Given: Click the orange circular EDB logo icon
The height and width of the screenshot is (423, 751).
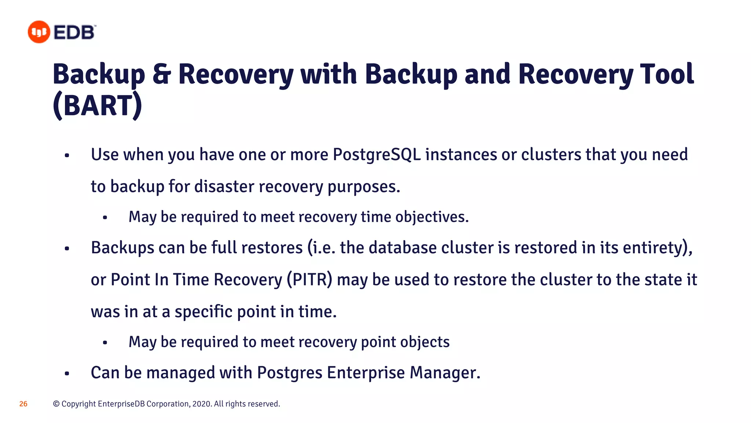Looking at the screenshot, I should click(x=39, y=32).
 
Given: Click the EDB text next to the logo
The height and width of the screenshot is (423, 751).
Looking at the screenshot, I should click(x=74, y=32).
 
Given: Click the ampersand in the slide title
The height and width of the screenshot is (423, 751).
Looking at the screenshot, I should click(x=161, y=74).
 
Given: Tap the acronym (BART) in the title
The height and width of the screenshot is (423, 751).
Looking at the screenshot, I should click(x=98, y=106).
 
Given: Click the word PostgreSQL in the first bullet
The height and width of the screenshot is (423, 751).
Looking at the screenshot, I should click(x=377, y=155).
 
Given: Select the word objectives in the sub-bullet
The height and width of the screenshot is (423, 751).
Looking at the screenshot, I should click(x=432, y=217).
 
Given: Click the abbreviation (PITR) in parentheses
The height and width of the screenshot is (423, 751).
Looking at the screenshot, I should click(x=309, y=280).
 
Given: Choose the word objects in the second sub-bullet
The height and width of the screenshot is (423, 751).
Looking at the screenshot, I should click(x=425, y=342).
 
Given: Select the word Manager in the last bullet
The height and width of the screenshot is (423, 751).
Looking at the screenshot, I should click(x=444, y=373).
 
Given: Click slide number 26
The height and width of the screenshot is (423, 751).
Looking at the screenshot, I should click(x=23, y=404).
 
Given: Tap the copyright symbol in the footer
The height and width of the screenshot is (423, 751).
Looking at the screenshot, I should click(x=56, y=404).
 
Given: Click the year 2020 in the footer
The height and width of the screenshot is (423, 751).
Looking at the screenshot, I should click(x=201, y=404).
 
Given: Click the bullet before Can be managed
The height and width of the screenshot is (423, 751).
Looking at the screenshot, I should click(x=67, y=374).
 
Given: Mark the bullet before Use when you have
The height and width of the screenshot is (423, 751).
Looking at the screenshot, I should click(x=67, y=156).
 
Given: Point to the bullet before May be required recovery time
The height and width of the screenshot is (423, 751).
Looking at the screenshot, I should click(x=105, y=218).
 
